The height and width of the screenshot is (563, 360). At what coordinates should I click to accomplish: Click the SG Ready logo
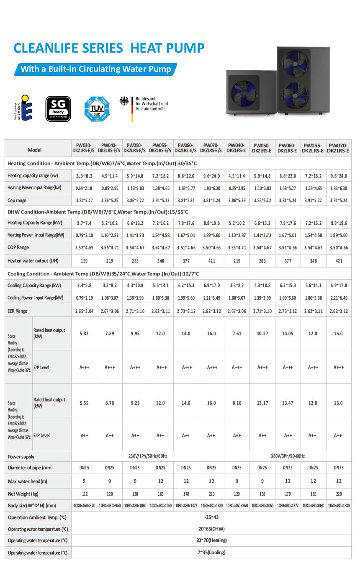[x=58, y=109]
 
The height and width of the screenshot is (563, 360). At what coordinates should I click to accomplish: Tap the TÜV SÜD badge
[x=97, y=109]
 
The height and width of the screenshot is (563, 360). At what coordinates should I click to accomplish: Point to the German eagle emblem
[x=124, y=101]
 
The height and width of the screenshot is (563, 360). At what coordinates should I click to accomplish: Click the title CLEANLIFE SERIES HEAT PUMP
[x=109, y=48]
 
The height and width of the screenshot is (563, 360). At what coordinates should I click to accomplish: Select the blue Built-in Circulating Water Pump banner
[x=96, y=69]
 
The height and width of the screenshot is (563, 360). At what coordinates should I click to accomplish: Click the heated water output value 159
[x=84, y=261]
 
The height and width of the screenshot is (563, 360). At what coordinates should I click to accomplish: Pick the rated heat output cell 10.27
[x=262, y=334]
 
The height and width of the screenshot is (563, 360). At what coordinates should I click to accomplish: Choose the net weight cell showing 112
[x=84, y=494]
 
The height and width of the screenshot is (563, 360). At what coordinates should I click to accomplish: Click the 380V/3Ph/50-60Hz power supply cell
[x=287, y=456]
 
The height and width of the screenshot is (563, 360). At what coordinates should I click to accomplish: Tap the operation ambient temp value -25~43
[x=211, y=517]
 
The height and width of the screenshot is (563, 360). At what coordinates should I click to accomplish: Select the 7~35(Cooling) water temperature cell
[x=211, y=553]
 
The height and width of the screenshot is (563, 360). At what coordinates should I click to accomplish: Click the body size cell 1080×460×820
[x=84, y=506]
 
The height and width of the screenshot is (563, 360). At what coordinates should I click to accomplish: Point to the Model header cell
[x=35, y=150]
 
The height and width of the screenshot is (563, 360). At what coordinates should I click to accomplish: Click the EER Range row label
[x=18, y=311]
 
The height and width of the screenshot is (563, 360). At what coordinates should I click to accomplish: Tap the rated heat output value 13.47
[x=288, y=403]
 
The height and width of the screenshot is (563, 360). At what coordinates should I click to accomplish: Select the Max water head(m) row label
[x=28, y=481]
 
